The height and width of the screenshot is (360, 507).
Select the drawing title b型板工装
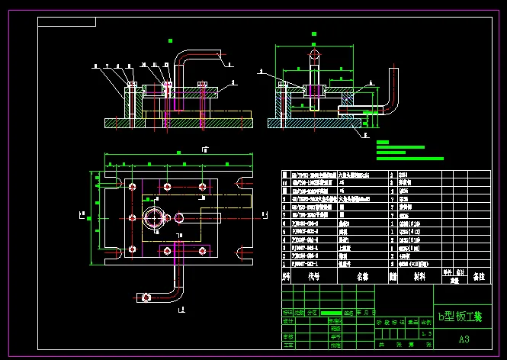tap(459, 316)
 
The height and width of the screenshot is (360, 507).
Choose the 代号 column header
tap(313, 277)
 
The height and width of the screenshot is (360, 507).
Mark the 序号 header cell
tap(287, 277)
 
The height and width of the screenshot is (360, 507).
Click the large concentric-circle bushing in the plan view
tap(157, 218)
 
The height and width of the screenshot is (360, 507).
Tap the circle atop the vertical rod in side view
tap(313, 56)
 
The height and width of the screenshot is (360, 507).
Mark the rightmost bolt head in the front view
tap(202, 84)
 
